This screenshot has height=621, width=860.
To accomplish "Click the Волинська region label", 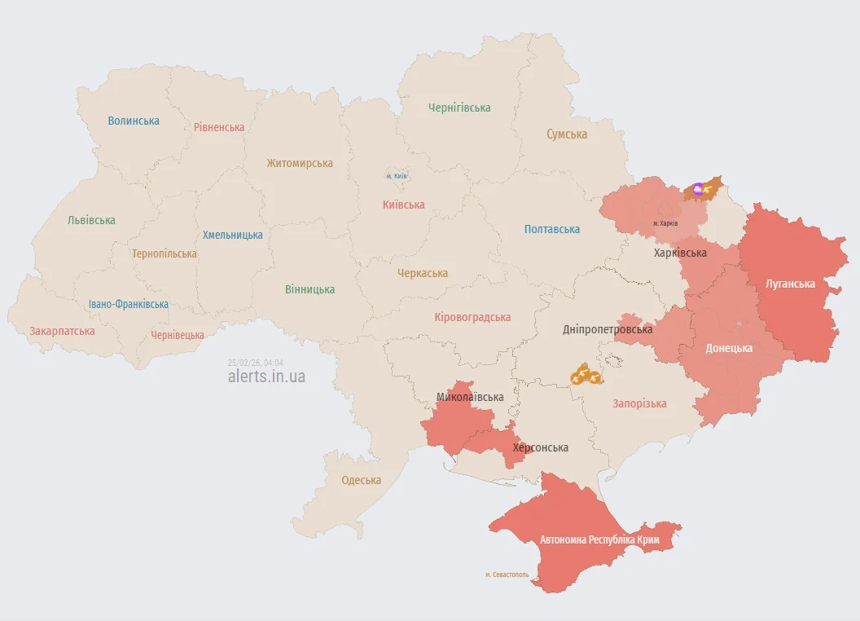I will [x=134, y=121].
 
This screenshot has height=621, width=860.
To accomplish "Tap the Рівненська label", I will [x=219, y=127].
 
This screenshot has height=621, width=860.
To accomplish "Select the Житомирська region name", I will [x=300, y=163].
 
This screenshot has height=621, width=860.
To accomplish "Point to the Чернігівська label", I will [x=459, y=108].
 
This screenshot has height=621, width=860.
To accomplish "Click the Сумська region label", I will [x=567, y=134].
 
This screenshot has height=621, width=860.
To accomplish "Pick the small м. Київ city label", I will [x=397, y=176].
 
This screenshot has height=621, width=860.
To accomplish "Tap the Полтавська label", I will [x=552, y=229].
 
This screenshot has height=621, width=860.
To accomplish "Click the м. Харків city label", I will [x=665, y=223].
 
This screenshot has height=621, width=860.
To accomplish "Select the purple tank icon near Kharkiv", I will [x=697, y=189].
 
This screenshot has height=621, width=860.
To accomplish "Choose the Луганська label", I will [x=790, y=284].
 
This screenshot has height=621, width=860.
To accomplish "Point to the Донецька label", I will [x=728, y=348].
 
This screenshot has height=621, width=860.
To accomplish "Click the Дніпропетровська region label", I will [x=608, y=330].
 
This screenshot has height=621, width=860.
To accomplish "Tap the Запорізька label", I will [x=639, y=403].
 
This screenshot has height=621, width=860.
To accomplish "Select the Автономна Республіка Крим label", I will [x=599, y=540].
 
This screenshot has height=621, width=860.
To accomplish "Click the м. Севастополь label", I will [x=507, y=575].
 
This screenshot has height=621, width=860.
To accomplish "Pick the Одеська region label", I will [x=362, y=480].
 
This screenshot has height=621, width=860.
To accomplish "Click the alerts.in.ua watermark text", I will [x=266, y=376].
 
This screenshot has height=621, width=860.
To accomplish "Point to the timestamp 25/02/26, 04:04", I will [x=256, y=362].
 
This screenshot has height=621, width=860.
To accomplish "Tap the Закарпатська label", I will [x=62, y=331].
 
